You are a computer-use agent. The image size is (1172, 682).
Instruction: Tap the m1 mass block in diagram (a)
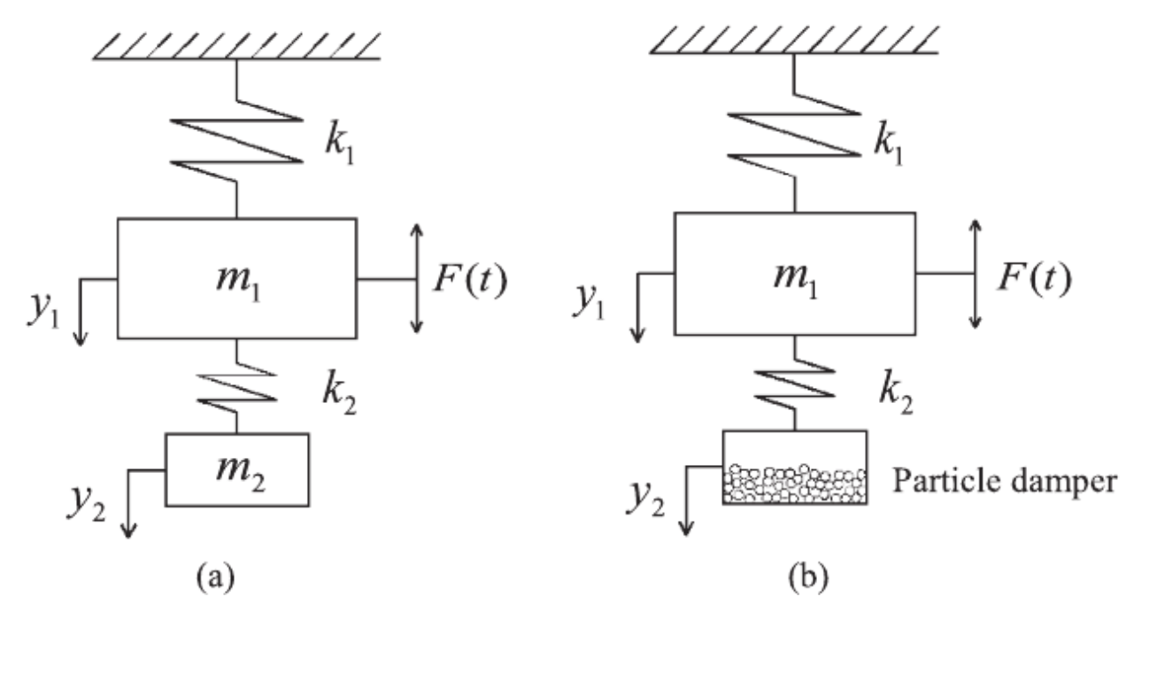(237, 277)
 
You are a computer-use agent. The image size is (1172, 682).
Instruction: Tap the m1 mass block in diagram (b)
(794, 275)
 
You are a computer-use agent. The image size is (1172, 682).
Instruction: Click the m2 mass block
(237, 469)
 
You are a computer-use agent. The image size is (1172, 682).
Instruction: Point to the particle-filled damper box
(794, 468)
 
